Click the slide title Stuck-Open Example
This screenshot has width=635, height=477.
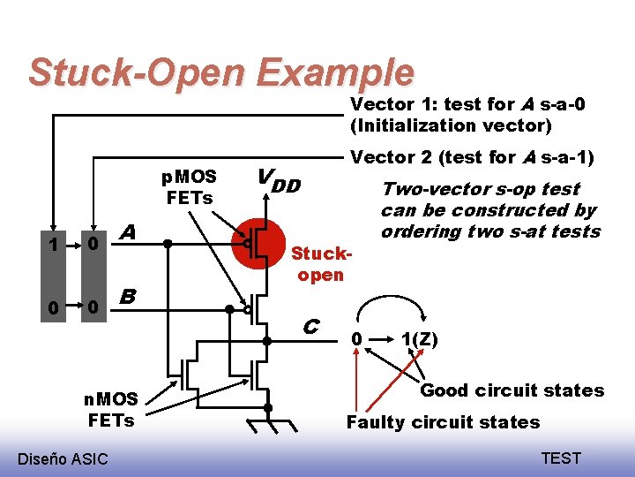click(x=220, y=72)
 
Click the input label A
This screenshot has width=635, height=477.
click(x=127, y=232)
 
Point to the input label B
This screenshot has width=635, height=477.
click(x=127, y=297)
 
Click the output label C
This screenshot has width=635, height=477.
click(x=310, y=326)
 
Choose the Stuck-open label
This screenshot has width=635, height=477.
click(x=321, y=264)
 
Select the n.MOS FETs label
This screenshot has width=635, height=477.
click(x=110, y=410)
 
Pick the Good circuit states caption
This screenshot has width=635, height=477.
click(x=512, y=390)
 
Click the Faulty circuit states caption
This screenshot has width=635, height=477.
click(x=443, y=421)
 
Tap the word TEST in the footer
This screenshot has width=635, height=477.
click(x=561, y=458)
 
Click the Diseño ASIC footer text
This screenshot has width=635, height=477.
click(x=63, y=458)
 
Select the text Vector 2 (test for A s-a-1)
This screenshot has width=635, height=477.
click(x=473, y=157)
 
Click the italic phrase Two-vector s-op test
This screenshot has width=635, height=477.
click(x=480, y=189)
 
